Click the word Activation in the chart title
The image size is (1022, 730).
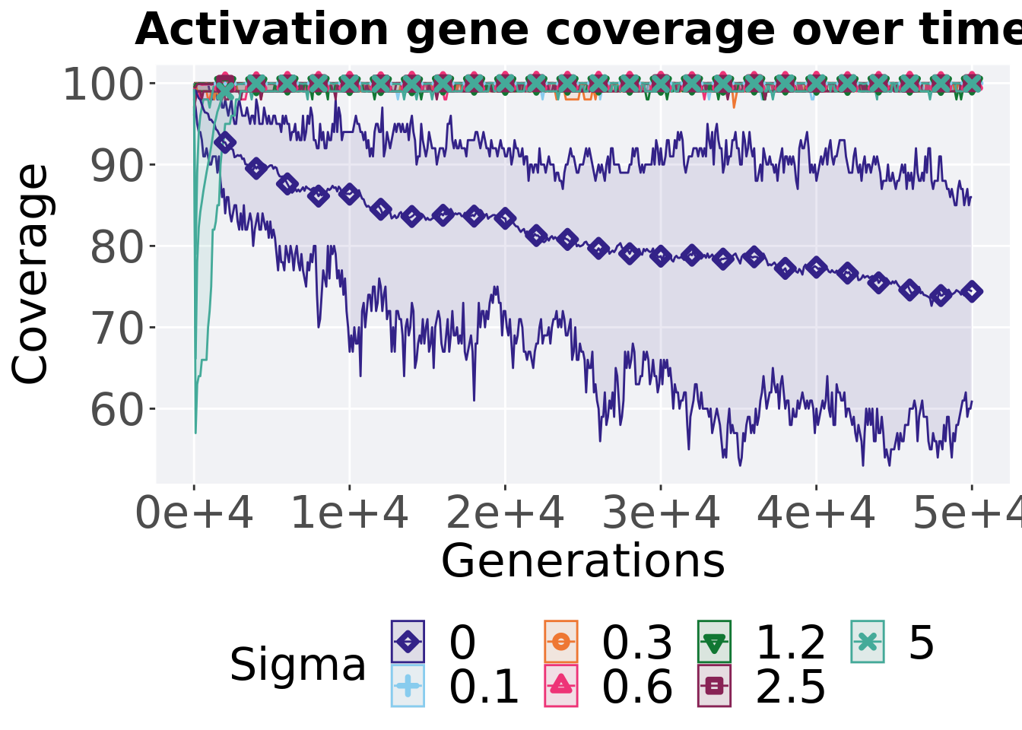click(262, 30)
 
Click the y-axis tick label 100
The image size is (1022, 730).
click(103, 84)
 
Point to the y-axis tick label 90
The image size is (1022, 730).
click(116, 166)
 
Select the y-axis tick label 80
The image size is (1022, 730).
click(116, 247)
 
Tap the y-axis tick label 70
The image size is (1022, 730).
click(116, 328)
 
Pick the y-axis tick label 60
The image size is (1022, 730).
click(116, 410)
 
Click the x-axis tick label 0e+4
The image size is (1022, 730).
click(194, 514)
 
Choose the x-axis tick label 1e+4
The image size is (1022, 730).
click(350, 514)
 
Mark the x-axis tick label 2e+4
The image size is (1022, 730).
click(505, 514)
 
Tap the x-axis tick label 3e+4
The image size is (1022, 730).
click(661, 514)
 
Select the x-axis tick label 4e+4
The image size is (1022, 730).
click(816, 514)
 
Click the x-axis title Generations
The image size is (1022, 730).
click(582, 561)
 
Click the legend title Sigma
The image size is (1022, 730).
click(298, 665)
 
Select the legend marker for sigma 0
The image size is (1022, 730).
click(408, 642)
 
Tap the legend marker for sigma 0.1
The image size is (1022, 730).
click(408, 686)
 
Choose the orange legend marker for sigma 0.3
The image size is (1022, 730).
click(561, 642)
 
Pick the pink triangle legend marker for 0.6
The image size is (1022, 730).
click(561, 686)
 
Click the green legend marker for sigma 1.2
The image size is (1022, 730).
click(714, 642)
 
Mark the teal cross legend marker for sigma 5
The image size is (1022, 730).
click(868, 642)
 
